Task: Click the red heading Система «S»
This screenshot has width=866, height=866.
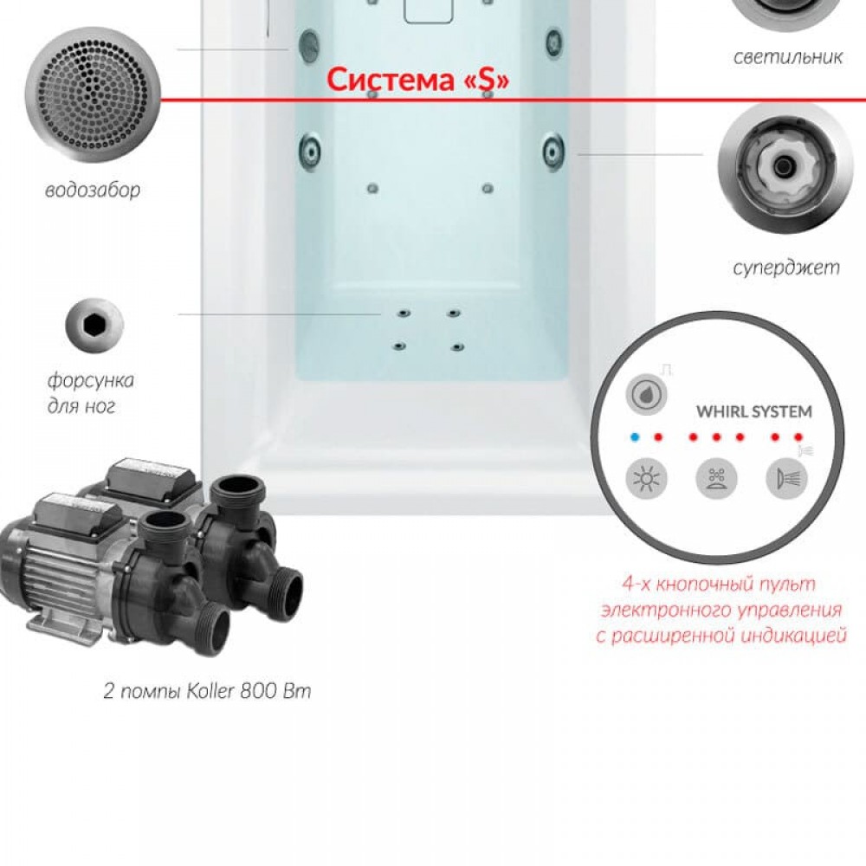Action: click(417, 80)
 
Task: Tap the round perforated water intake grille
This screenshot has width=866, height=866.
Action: click(93, 94)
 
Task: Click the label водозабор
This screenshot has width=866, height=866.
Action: click(93, 191)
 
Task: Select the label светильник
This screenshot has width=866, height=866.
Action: click(788, 56)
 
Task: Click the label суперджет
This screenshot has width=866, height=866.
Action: click(786, 268)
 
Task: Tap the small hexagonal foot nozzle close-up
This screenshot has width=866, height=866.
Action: click(94, 325)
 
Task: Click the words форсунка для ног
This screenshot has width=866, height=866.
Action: click(90, 393)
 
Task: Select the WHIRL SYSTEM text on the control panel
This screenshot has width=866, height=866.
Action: click(754, 412)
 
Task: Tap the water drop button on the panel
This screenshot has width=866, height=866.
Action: click(646, 395)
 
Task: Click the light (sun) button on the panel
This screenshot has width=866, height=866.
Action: click(646, 478)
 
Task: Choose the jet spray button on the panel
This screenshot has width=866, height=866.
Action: click(786, 478)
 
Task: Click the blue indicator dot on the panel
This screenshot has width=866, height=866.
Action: click(635, 437)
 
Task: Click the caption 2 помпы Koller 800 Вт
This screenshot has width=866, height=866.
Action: click(207, 691)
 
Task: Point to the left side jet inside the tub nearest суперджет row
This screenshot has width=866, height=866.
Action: click(311, 149)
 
